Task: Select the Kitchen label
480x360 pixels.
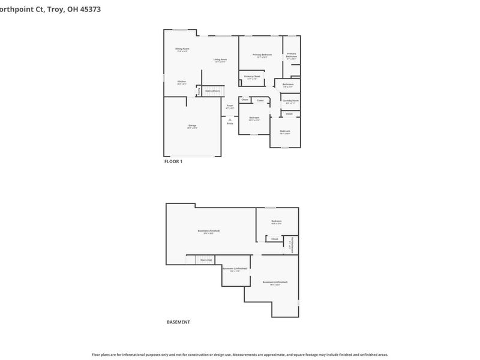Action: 181,82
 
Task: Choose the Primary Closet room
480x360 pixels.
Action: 252,77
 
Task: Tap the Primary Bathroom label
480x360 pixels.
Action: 292,55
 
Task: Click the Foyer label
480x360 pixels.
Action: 230,106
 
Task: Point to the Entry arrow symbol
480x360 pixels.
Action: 230,119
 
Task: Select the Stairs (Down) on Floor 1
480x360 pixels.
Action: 212,91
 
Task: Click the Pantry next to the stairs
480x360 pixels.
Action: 199,91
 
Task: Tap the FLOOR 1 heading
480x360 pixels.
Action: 173,161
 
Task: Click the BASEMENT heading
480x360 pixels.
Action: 178,322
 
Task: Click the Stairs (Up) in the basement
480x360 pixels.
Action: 206,260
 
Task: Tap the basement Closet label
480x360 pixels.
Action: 275,239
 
